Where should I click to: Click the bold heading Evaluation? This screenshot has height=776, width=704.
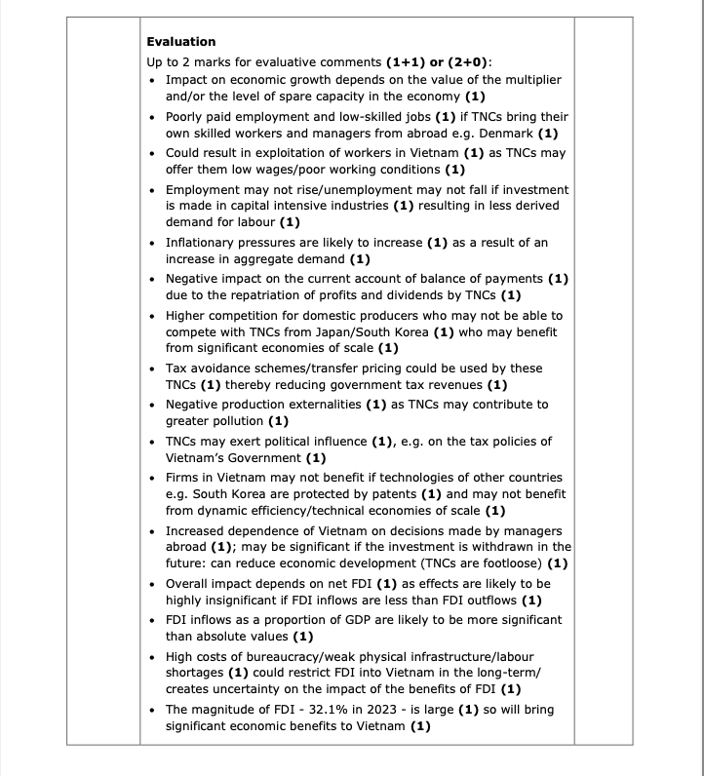[180, 41]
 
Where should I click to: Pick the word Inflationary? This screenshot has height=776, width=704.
[202, 243]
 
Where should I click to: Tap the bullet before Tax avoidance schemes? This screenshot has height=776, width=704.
[154, 369]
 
